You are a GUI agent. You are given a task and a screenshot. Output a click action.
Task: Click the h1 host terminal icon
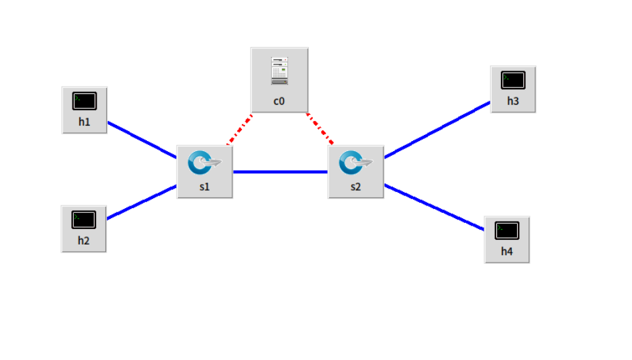click(x=85, y=101)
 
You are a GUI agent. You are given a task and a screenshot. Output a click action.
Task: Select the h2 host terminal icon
click(x=84, y=220)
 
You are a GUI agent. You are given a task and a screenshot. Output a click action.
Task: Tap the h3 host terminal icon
click(x=513, y=81)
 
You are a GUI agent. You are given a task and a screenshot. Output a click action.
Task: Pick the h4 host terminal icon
click(x=507, y=231)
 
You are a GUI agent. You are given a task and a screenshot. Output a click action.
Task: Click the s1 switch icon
click(x=205, y=163)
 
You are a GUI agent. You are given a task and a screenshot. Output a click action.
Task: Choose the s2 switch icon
click(x=356, y=163)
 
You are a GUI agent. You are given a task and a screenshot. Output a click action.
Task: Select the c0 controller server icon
click(x=279, y=71)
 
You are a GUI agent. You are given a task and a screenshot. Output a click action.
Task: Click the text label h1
click(x=85, y=122)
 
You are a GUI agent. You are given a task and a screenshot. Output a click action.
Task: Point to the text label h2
click(x=84, y=240)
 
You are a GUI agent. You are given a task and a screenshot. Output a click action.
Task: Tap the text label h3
click(x=513, y=101)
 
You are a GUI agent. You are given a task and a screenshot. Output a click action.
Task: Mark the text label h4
click(x=507, y=252)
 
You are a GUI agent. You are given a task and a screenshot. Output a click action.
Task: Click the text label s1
click(x=205, y=187)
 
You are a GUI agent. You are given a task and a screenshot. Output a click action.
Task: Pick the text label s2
click(x=356, y=187)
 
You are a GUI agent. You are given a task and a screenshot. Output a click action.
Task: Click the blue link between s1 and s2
click(x=280, y=172)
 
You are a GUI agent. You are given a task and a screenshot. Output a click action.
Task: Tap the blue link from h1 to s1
click(x=142, y=140)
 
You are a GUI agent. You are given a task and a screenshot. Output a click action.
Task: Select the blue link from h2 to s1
click(x=142, y=202)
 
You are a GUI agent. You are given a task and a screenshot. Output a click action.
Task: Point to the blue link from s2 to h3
click(x=437, y=130)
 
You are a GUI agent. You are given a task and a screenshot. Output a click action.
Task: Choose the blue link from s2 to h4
click(x=434, y=208)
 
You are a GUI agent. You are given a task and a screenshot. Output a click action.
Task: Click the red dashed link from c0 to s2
click(x=320, y=129)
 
